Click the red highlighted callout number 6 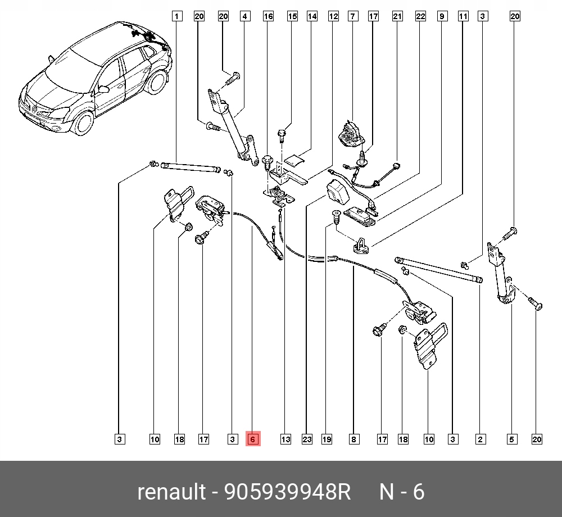pyautogui.click(x=253, y=439)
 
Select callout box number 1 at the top pyautogui.click(x=176, y=16)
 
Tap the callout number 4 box pyautogui.click(x=244, y=16)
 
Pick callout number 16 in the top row pyautogui.click(x=268, y=16)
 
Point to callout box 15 pyautogui.click(x=292, y=16)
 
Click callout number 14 pyautogui.click(x=312, y=16)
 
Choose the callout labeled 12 pyautogui.click(x=333, y=16)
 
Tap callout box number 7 pyautogui.click(x=353, y=16)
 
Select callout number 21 pyautogui.click(x=397, y=16)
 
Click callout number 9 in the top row pyautogui.click(x=442, y=16)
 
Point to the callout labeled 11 pyautogui.click(x=463, y=16)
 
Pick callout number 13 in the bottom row pyautogui.click(x=285, y=439)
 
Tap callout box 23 pyautogui.click(x=306, y=439)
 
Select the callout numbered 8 pyautogui.click(x=353, y=439)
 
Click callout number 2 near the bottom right pyautogui.click(x=480, y=439)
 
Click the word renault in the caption pyautogui.click(x=171, y=492)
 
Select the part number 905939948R pyautogui.click(x=287, y=492)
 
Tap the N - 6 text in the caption pyautogui.click(x=402, y=492)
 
